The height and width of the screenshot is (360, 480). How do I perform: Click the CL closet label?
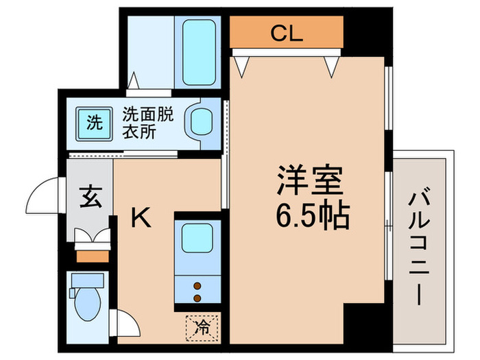(286, 32)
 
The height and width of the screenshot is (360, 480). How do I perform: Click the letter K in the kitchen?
(141, 218)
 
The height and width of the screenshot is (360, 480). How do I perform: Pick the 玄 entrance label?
(89, 197)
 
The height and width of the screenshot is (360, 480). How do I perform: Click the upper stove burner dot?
(197, 285)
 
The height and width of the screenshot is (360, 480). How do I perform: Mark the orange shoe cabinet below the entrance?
(92, 256)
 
